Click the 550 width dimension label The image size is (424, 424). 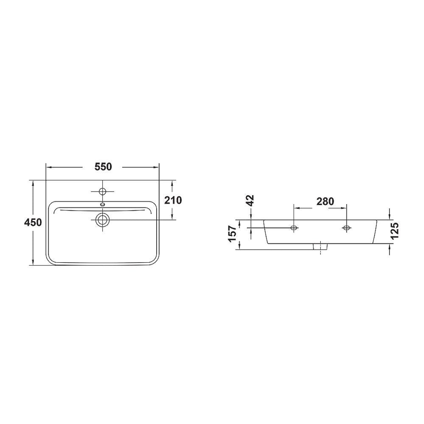click(103, 167)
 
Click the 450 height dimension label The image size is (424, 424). click(33, 223)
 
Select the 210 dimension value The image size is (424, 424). click(173, 200)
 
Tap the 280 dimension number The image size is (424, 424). click(325, 202)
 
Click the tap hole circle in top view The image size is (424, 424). click(102, 192)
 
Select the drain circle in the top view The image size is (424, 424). click(102, 220)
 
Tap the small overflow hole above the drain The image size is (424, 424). click(102, 204)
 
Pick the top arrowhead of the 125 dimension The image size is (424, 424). click(389, 217)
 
